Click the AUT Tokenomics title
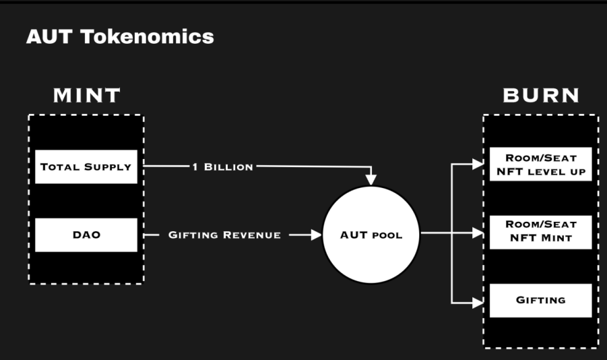(120, 36)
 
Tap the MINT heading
(87, 96)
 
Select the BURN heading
(541, 96)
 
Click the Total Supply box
(86, 167)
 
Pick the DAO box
(86, 235)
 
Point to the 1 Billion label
(223, 167)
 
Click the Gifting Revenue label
(224, 235)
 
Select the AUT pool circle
(371, 235)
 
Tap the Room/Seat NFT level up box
(540, 164)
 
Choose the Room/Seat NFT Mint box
(540, 232)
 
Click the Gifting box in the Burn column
(540, 300)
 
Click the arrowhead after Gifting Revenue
(316, 235)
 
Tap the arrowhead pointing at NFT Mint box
(478, 233)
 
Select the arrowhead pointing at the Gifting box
(478, 303)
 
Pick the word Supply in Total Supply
(108, 167)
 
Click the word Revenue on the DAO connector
(251, 235)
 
